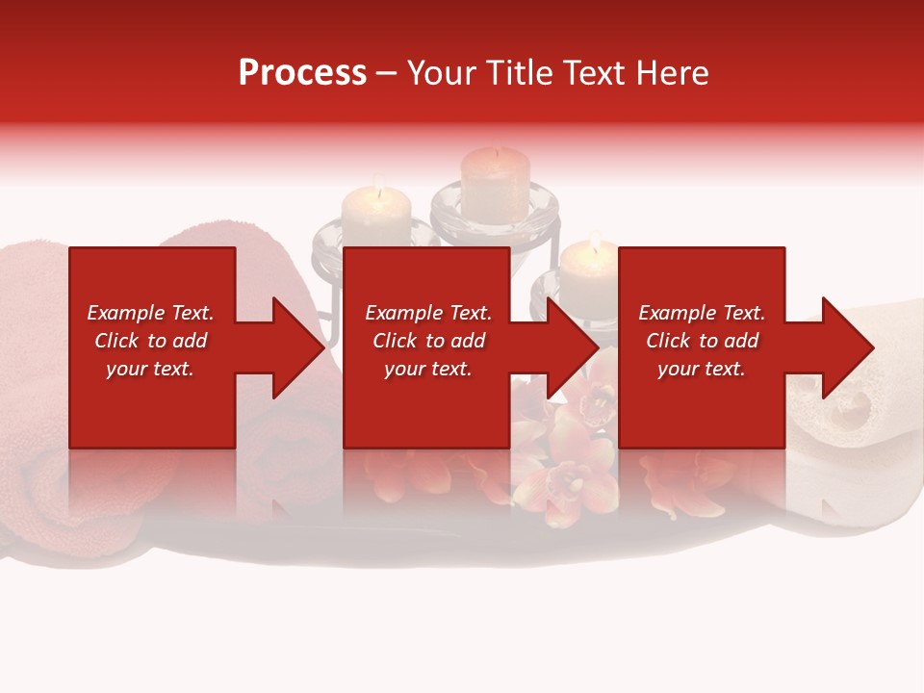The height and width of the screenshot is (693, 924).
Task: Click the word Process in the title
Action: pyautogui.click(x=302, y=73)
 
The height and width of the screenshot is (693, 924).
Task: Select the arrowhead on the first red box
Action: pyautogui.click(x=294, y=347)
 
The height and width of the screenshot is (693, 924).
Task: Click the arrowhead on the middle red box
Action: pyautogui.click(x=569, y=347)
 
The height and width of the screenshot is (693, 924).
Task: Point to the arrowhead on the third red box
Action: pyautogui.click(x=844, y=347)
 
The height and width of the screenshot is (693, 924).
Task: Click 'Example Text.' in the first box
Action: pyautogui.click(x=150, y=313)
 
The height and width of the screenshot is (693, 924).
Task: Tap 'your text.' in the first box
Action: pyautogui.click(x=150, y=369)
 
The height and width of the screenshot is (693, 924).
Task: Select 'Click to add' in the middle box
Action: pyautogui.click(x=428, y=341)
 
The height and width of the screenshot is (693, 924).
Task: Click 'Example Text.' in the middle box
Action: pyautogui.click(x=428, y=313)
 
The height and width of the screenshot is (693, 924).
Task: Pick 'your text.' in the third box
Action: pyautogui.click(x=702, y=369)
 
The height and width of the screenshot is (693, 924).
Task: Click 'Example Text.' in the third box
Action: pyautogui.click(x=702, y=313)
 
